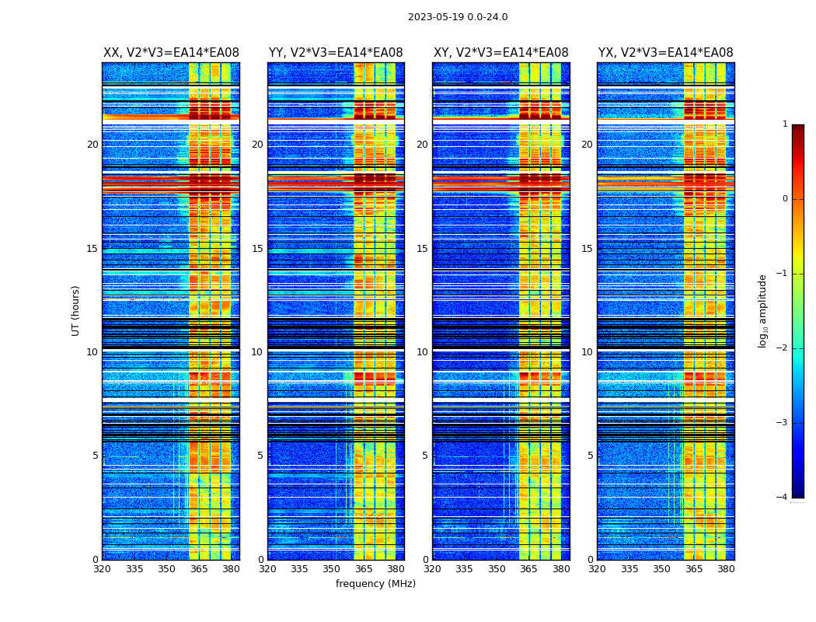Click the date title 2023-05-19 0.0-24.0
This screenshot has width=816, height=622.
point(458,17)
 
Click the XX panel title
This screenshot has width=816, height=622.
point(171,53)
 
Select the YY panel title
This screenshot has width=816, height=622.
point(336,53)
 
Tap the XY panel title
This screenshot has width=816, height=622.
point(500,53)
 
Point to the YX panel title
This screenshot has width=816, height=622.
point(665,53)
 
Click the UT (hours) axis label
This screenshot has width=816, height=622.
point(76,310)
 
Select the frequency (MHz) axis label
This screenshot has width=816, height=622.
point(375,584)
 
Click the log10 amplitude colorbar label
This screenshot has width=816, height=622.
point(763,310)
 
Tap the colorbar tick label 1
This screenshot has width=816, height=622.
point(785,124)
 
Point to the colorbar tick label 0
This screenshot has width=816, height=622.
point(785,199)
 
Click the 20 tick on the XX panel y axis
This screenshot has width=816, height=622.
point(92,145)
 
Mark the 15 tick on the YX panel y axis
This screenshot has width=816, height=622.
point(588,249)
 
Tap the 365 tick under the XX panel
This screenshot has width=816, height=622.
point(199,569)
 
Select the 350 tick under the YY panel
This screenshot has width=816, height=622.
point(332,569)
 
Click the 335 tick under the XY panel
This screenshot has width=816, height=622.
point(465,569)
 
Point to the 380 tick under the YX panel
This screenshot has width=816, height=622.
point(726,569)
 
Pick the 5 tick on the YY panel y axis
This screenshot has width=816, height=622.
point(260,456)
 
